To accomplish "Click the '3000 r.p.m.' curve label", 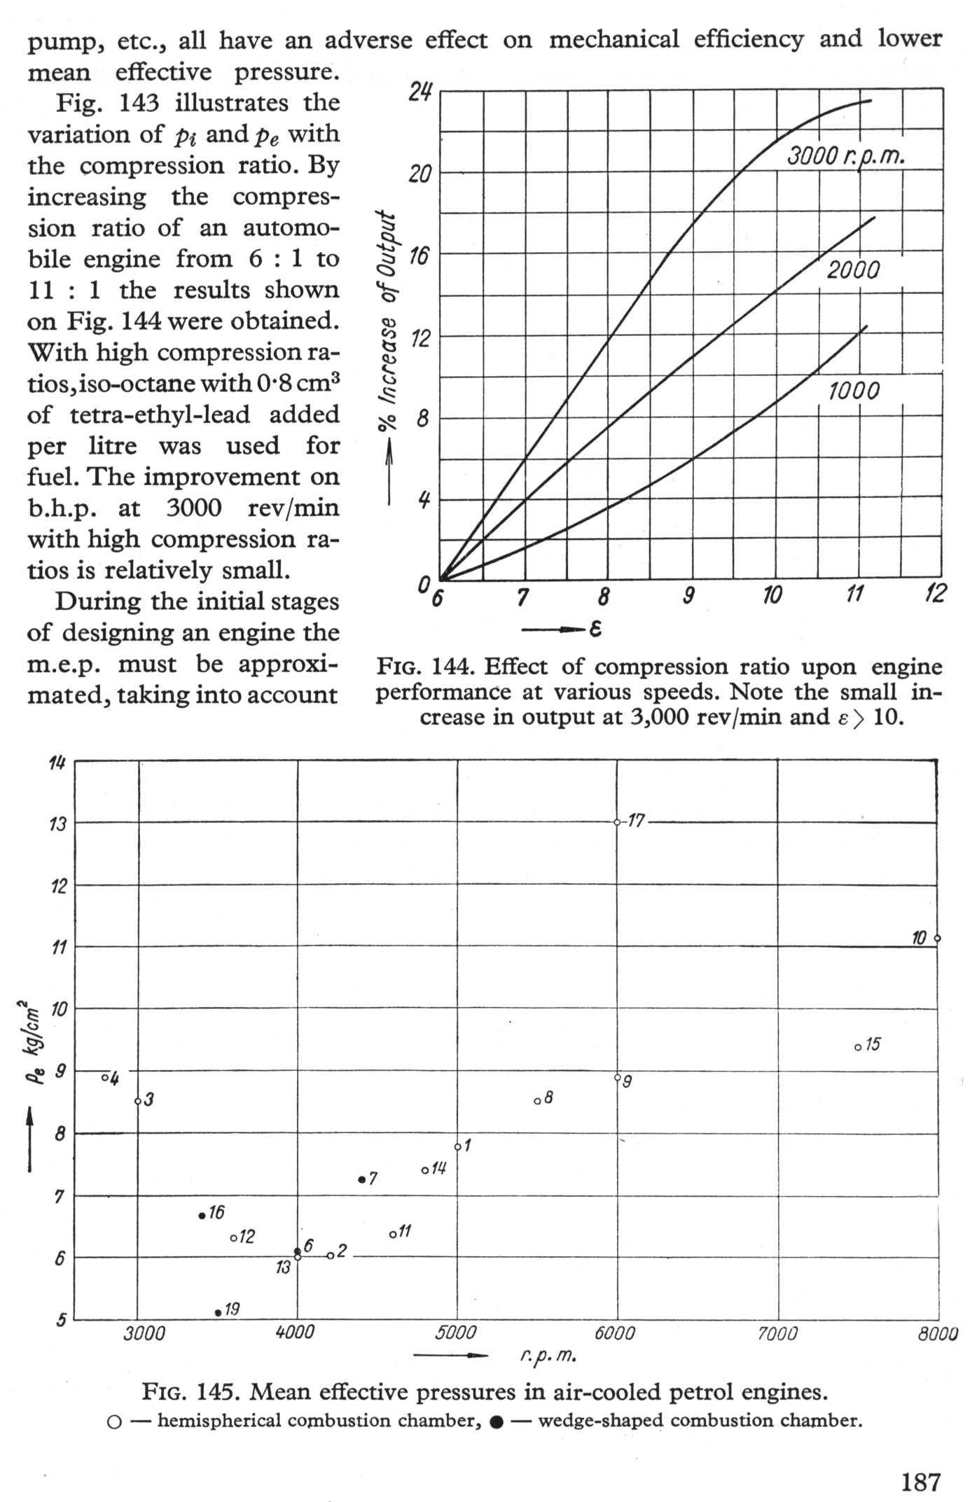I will [846, 155].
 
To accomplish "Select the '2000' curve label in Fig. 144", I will [853, 270].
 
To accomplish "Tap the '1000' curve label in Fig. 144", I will [854, 391].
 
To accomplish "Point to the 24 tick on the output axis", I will [420, 91].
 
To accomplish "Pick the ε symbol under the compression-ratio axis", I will [595, 630].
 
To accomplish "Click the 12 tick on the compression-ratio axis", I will [935, 595].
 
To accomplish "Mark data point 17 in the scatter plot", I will [617, 822].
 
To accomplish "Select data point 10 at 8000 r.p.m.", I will [937, 938].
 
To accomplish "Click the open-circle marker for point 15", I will [858, 1048].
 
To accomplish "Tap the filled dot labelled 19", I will [219, 1312].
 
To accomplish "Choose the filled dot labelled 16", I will [202, 1216].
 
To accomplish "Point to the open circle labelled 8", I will [537, 1101].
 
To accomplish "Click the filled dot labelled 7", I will [361, 1180].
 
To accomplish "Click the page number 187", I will [920, 1482].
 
